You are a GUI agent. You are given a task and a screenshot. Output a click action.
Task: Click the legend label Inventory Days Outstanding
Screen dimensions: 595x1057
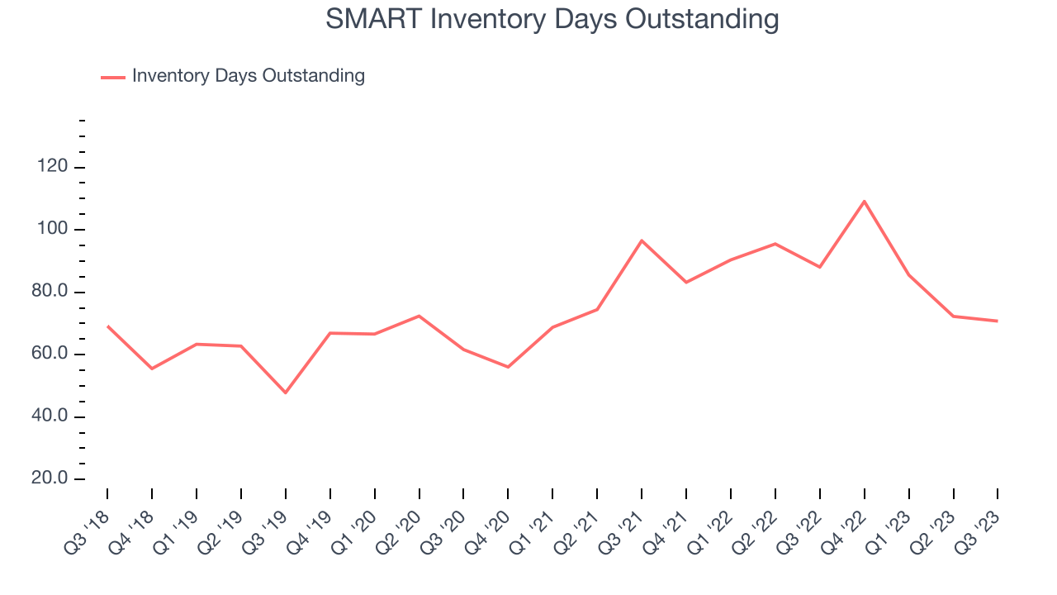click(x=248, y=76)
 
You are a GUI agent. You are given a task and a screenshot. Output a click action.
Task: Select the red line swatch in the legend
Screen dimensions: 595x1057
click(x=112, y=77)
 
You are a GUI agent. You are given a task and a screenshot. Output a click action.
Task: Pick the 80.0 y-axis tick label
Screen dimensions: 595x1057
click(x=53, y=293)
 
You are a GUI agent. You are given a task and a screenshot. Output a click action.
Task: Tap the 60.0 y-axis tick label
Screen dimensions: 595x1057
click(x=53, y=355)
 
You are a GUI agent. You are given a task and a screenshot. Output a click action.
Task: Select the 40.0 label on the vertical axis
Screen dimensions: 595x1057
click(x=53, y=416)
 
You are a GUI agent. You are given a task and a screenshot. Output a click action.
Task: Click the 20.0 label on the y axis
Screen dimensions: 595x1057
click(x=53, y=479)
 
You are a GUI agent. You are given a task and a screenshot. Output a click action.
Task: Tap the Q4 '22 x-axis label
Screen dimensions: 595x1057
click(x=846, y=525)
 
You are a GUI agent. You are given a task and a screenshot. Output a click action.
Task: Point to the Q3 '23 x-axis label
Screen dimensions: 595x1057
click(x=979, y=525)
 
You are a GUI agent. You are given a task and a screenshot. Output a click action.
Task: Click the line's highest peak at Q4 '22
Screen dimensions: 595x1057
click(x=864, y=201)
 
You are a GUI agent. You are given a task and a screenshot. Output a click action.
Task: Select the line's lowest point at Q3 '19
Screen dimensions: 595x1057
click(x=286, y=393)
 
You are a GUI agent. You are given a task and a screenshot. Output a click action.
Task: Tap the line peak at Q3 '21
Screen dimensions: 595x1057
click(x=642, y=240)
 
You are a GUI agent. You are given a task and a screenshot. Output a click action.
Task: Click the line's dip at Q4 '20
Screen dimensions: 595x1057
click(x=508, y=367)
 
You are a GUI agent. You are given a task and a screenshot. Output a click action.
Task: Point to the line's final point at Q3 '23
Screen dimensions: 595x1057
click(x=998, y=321)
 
